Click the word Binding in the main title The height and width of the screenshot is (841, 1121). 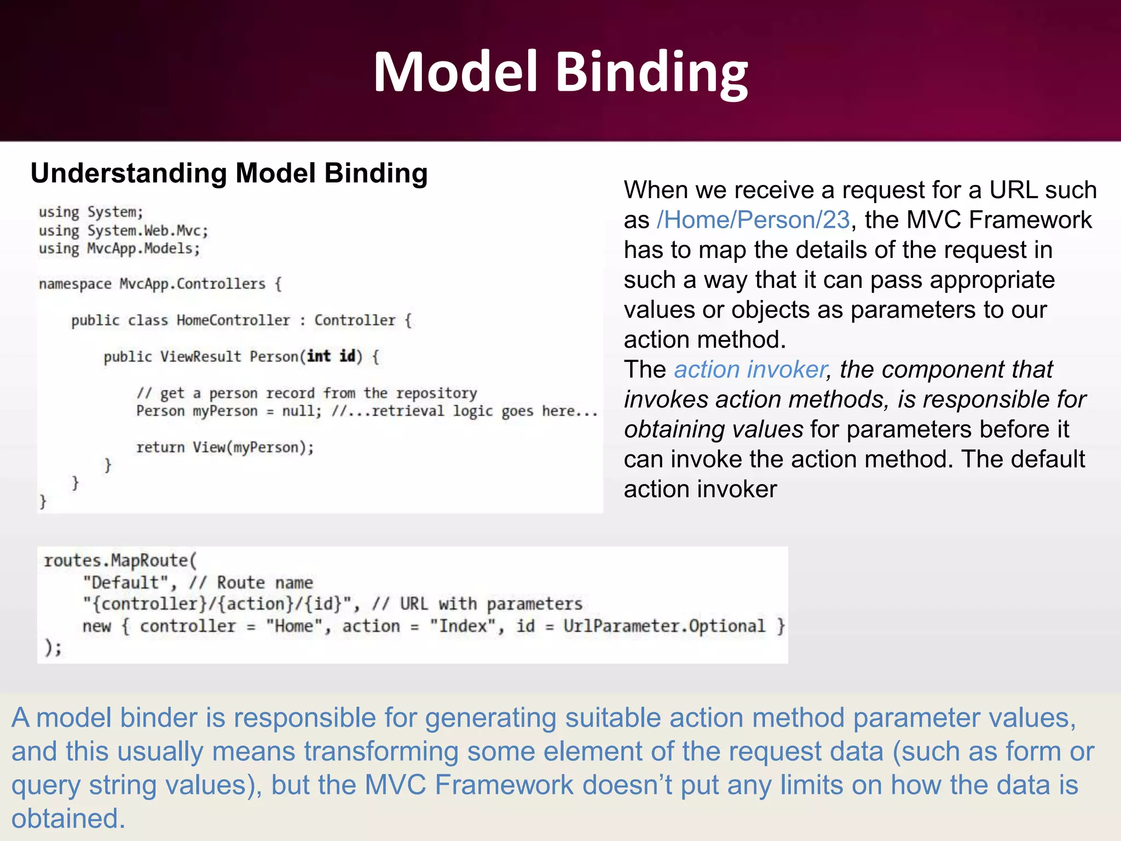coord(651,72)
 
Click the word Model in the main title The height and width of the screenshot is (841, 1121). coord(455,72)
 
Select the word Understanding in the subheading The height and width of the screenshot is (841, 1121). coord(129,174)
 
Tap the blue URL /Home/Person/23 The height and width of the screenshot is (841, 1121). coord(753,220)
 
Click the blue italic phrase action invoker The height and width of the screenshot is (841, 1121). coord(750,370)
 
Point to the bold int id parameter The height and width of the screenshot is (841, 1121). coord(332,356)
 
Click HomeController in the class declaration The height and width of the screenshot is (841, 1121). coord(233,320)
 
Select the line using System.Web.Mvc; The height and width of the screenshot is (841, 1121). coord(123,231)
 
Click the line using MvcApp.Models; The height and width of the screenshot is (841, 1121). coord(119,249)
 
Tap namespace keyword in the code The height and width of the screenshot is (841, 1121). coord(75,284)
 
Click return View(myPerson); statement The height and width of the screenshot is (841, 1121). coord(225,447)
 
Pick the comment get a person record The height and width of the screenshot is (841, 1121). coord(307,393)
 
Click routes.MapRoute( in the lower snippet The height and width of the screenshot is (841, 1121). coord(120,561)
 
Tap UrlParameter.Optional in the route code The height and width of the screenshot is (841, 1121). coord(664,626)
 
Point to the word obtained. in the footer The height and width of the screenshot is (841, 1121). coord(68,819)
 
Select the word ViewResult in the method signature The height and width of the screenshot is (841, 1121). coord(200,356)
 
